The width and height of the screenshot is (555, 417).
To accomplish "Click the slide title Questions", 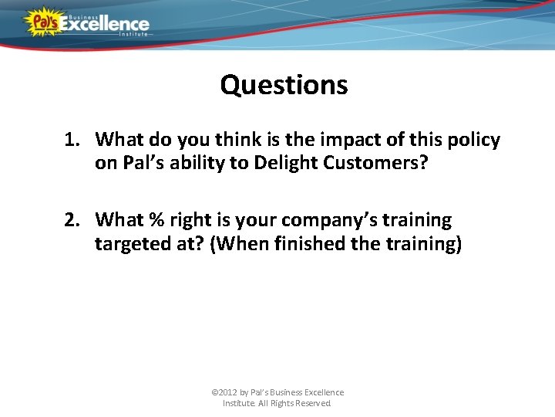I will tap(284, 84).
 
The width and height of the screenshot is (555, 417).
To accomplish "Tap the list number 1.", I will tap(72, 140).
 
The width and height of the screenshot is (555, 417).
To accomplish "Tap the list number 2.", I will tap(72, 220).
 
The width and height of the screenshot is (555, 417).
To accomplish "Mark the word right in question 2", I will tap(190, 221).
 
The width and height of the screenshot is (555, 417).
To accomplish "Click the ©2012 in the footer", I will tap(224, 392).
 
